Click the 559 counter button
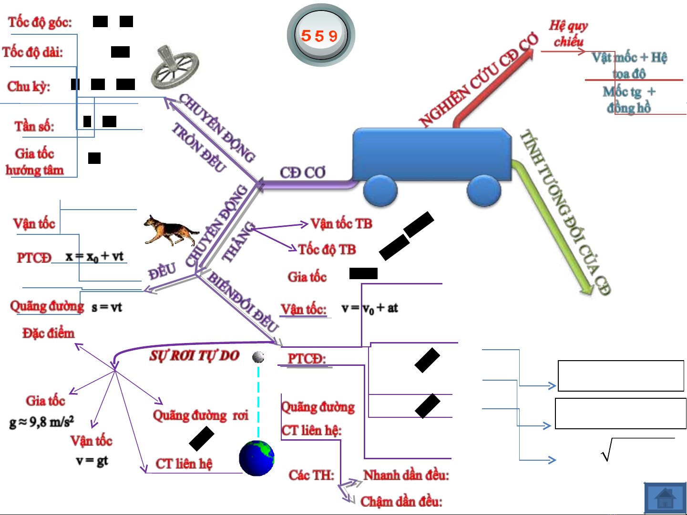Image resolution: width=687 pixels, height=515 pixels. [x=320, y=35]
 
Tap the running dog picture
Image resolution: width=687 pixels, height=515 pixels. [x=170, y=230]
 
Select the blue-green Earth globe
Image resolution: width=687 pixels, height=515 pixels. [x=256, y=458]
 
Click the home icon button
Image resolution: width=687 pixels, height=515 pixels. [x=665, y=498]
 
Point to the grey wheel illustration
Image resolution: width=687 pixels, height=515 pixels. [x=174, y=68]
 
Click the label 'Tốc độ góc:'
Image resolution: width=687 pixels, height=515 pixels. [x=40, y=22]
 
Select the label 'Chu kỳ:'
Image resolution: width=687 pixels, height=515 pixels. [x=29, y=86]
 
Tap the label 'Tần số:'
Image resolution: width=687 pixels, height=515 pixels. [x=34, y=126]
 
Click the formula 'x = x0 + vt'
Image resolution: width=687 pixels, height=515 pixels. [x=94, y=257]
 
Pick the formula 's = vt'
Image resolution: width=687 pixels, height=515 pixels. [x=107, y=307]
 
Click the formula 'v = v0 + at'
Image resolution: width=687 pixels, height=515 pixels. [x=370, y=308]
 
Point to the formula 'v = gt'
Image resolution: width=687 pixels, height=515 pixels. [x=92, y=461]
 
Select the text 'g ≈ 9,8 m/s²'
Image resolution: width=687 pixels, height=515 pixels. [x=41, y=422]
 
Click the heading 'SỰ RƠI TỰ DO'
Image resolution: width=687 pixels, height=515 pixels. [x=194, y=355]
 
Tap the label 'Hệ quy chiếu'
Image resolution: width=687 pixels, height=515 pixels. [x=568, y=33]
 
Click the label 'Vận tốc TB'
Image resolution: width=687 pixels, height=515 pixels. [x=341, y=223]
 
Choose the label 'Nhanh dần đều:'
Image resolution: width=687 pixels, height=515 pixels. [x=406, y=475]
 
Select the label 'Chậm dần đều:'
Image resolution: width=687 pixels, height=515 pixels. [x=401, y=501]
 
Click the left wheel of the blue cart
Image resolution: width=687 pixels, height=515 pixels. [x=380, y=191]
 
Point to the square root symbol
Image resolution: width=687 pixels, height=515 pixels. [x=606, y=450]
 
